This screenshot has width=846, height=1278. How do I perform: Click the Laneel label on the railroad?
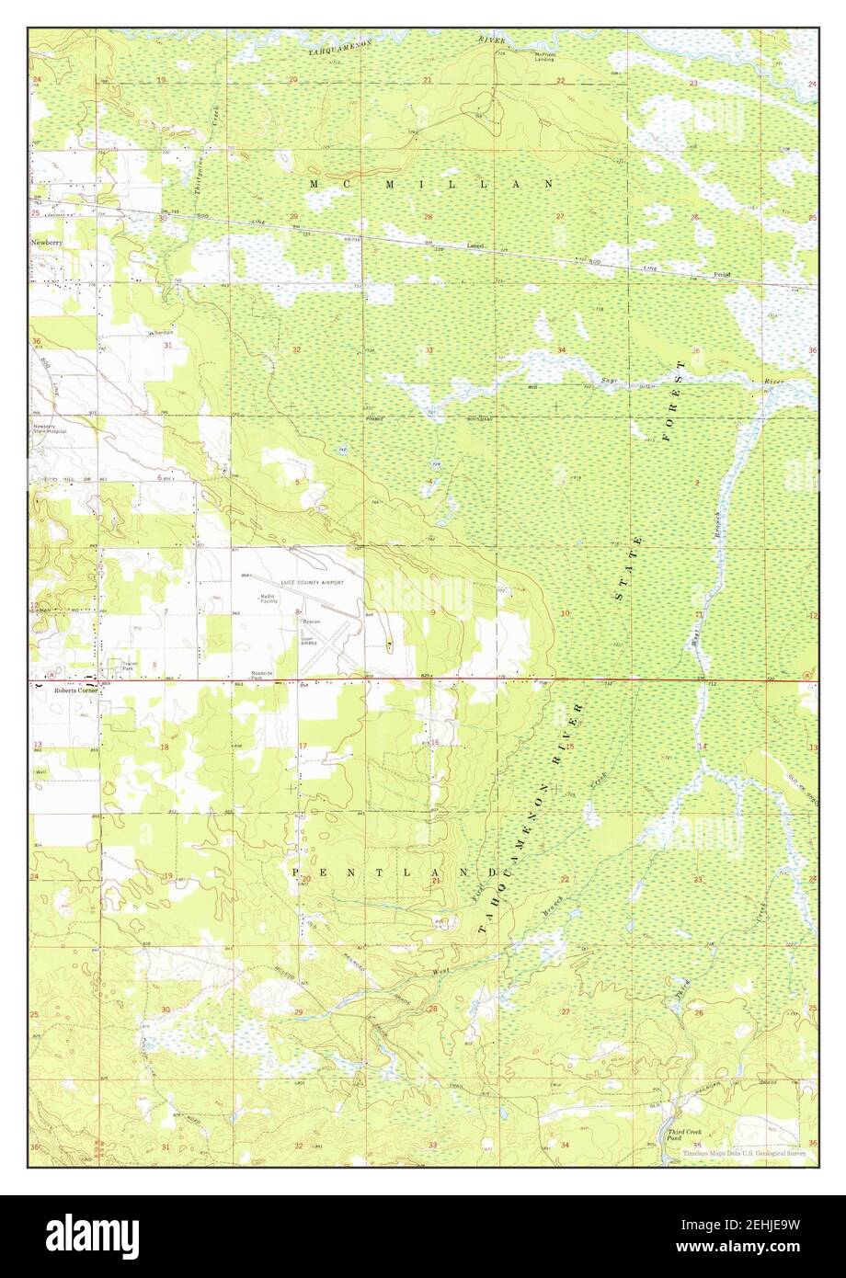(474, 245)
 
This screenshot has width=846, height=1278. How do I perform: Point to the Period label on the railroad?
(722, 274)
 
